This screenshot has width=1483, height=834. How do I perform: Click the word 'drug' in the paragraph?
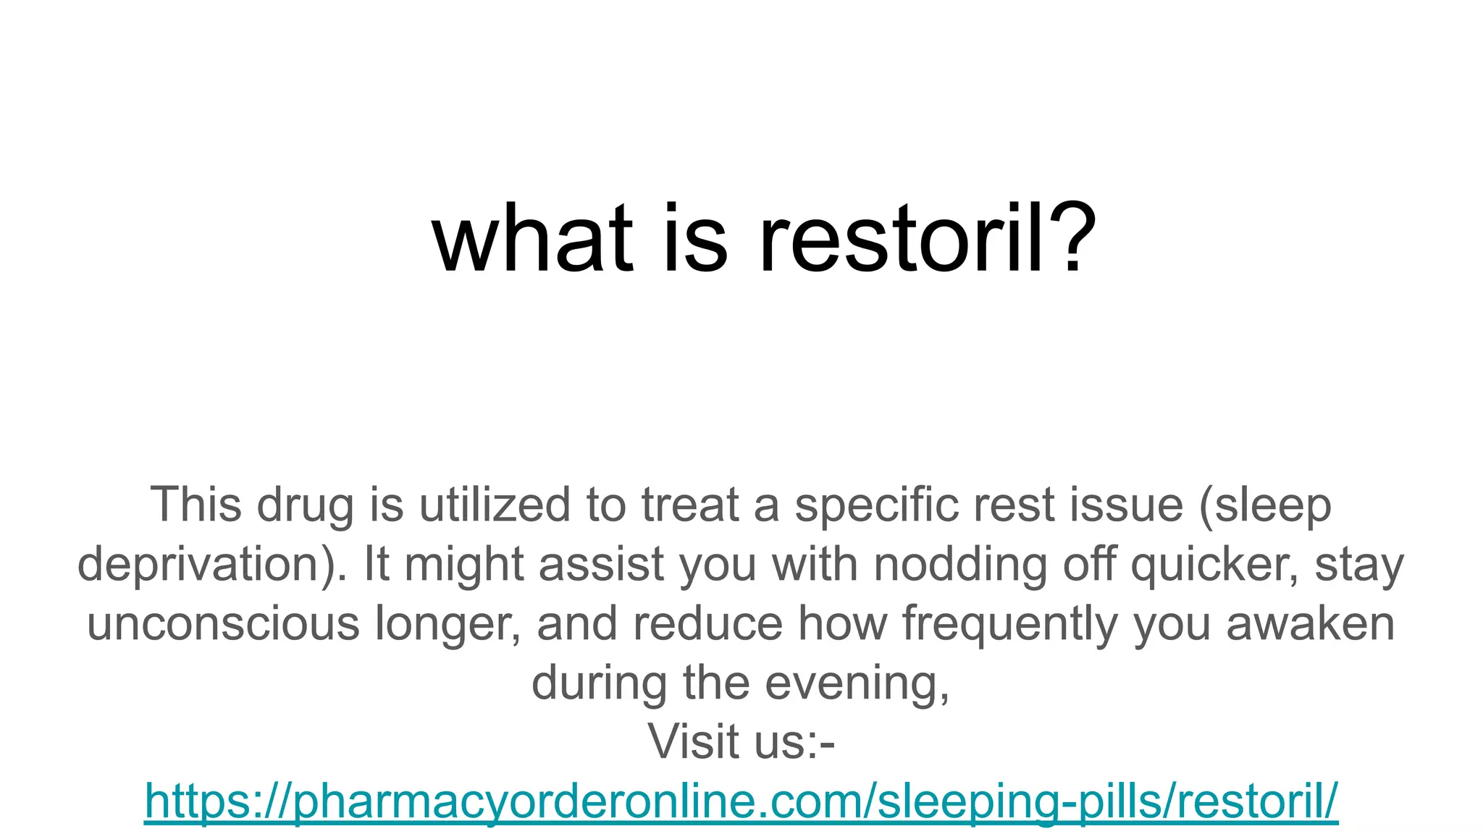coord(305,505)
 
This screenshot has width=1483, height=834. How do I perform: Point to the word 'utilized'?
coord(495,505)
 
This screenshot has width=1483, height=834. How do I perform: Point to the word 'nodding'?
coord(960,564)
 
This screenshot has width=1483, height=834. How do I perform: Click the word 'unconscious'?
coord(223,623)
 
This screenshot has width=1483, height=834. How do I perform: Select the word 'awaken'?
coord(1310,623)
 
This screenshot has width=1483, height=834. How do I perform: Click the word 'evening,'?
coord(857,683)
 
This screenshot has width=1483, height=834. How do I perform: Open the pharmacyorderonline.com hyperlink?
coord(741,801)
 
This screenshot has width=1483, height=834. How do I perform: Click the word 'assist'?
coord(601,564)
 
